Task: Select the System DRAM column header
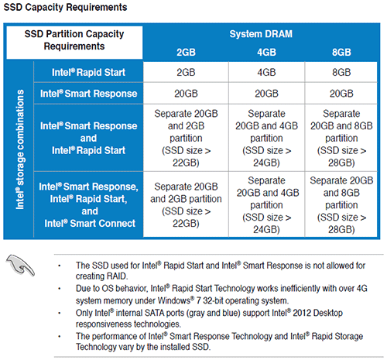click(265, 34)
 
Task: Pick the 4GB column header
click(267, 52)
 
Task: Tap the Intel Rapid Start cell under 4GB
click(267, 74)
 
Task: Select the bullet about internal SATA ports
click(231, 317)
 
